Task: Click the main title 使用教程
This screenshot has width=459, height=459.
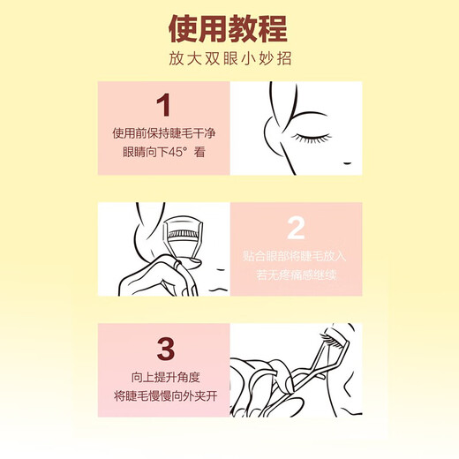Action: (229, 28)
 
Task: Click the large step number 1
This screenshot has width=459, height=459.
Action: (162, 106)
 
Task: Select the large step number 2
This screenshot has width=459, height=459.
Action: (297, 227)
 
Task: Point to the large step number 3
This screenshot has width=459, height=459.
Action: (162, 347)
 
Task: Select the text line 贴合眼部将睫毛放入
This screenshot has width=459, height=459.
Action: (296, 257)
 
